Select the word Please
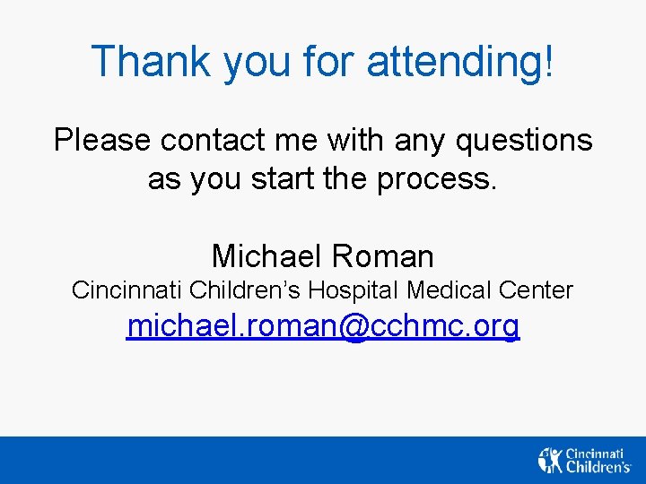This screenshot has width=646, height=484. point(101,141)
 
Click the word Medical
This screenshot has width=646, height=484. point(448,290)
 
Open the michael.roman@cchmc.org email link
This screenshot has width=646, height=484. point(323,327)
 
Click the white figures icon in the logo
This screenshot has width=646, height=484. point(549,460)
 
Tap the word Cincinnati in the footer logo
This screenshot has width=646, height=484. point(596,454)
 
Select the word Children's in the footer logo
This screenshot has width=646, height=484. point(598,467)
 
